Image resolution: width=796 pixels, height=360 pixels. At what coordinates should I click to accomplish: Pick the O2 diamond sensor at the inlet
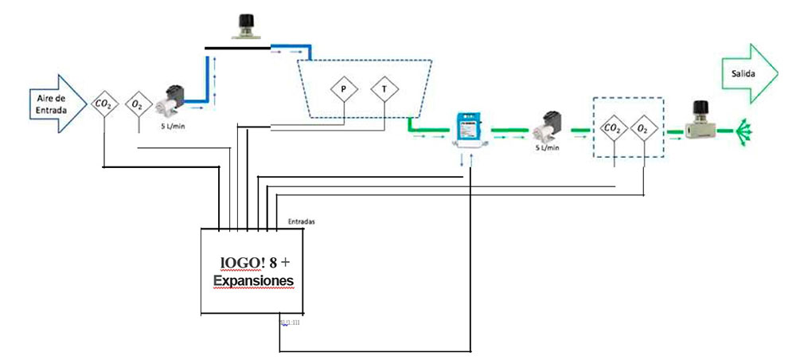click(x=138, y=104)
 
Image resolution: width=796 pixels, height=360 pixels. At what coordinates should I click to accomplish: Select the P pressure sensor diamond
click(x=343, y=89)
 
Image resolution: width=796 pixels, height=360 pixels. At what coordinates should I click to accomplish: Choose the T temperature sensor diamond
click(x=384, y=89)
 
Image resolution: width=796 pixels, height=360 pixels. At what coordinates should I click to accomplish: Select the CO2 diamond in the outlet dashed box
click(x=613, y=127)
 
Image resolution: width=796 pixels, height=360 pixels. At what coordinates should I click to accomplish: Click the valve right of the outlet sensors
click(x=700, y=123)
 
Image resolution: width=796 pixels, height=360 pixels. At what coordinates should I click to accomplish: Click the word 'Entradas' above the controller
click(x=299, y=221)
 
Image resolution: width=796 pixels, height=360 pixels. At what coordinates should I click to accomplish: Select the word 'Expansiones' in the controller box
click(x=254, y=281)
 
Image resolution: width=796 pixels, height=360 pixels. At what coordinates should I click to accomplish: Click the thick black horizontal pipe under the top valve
click(x=238, y=48)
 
